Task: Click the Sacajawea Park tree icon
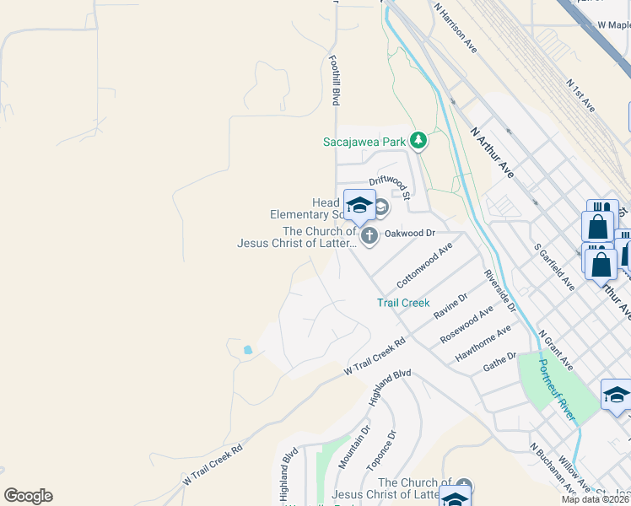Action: pos(418,140)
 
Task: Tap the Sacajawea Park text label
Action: pos(364,142)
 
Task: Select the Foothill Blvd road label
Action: pos(335,81)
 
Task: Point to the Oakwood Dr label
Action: pos(409,233)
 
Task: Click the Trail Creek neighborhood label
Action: pos(403,303)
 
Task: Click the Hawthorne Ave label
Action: pos(483,344)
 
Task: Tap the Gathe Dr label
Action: pos(499,363)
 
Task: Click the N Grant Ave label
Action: pos(556,350)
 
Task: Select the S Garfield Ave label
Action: pos(554,267)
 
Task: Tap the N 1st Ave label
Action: pos(581,96)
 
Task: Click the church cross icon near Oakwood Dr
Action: pos(369,239)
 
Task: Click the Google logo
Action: pos(28,496)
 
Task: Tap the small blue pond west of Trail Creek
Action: pos(247,349)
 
